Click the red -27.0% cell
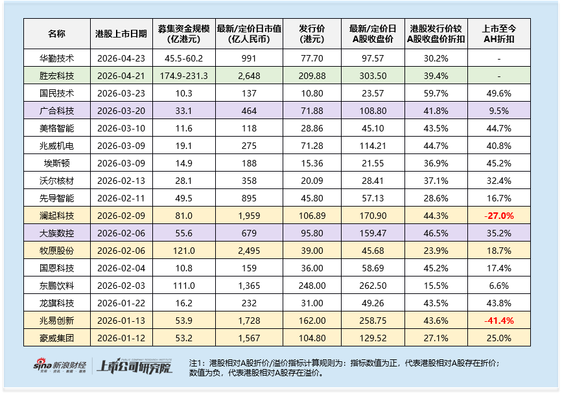coord(499,215)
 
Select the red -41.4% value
coord(499,320)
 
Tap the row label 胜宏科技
coord(57,75)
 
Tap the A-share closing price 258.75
coord(371,320)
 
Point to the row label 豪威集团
coord(57,337)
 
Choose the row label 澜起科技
coord(57,215)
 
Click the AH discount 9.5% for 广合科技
coord(499,110)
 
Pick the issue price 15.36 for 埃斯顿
coord(312,163)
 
